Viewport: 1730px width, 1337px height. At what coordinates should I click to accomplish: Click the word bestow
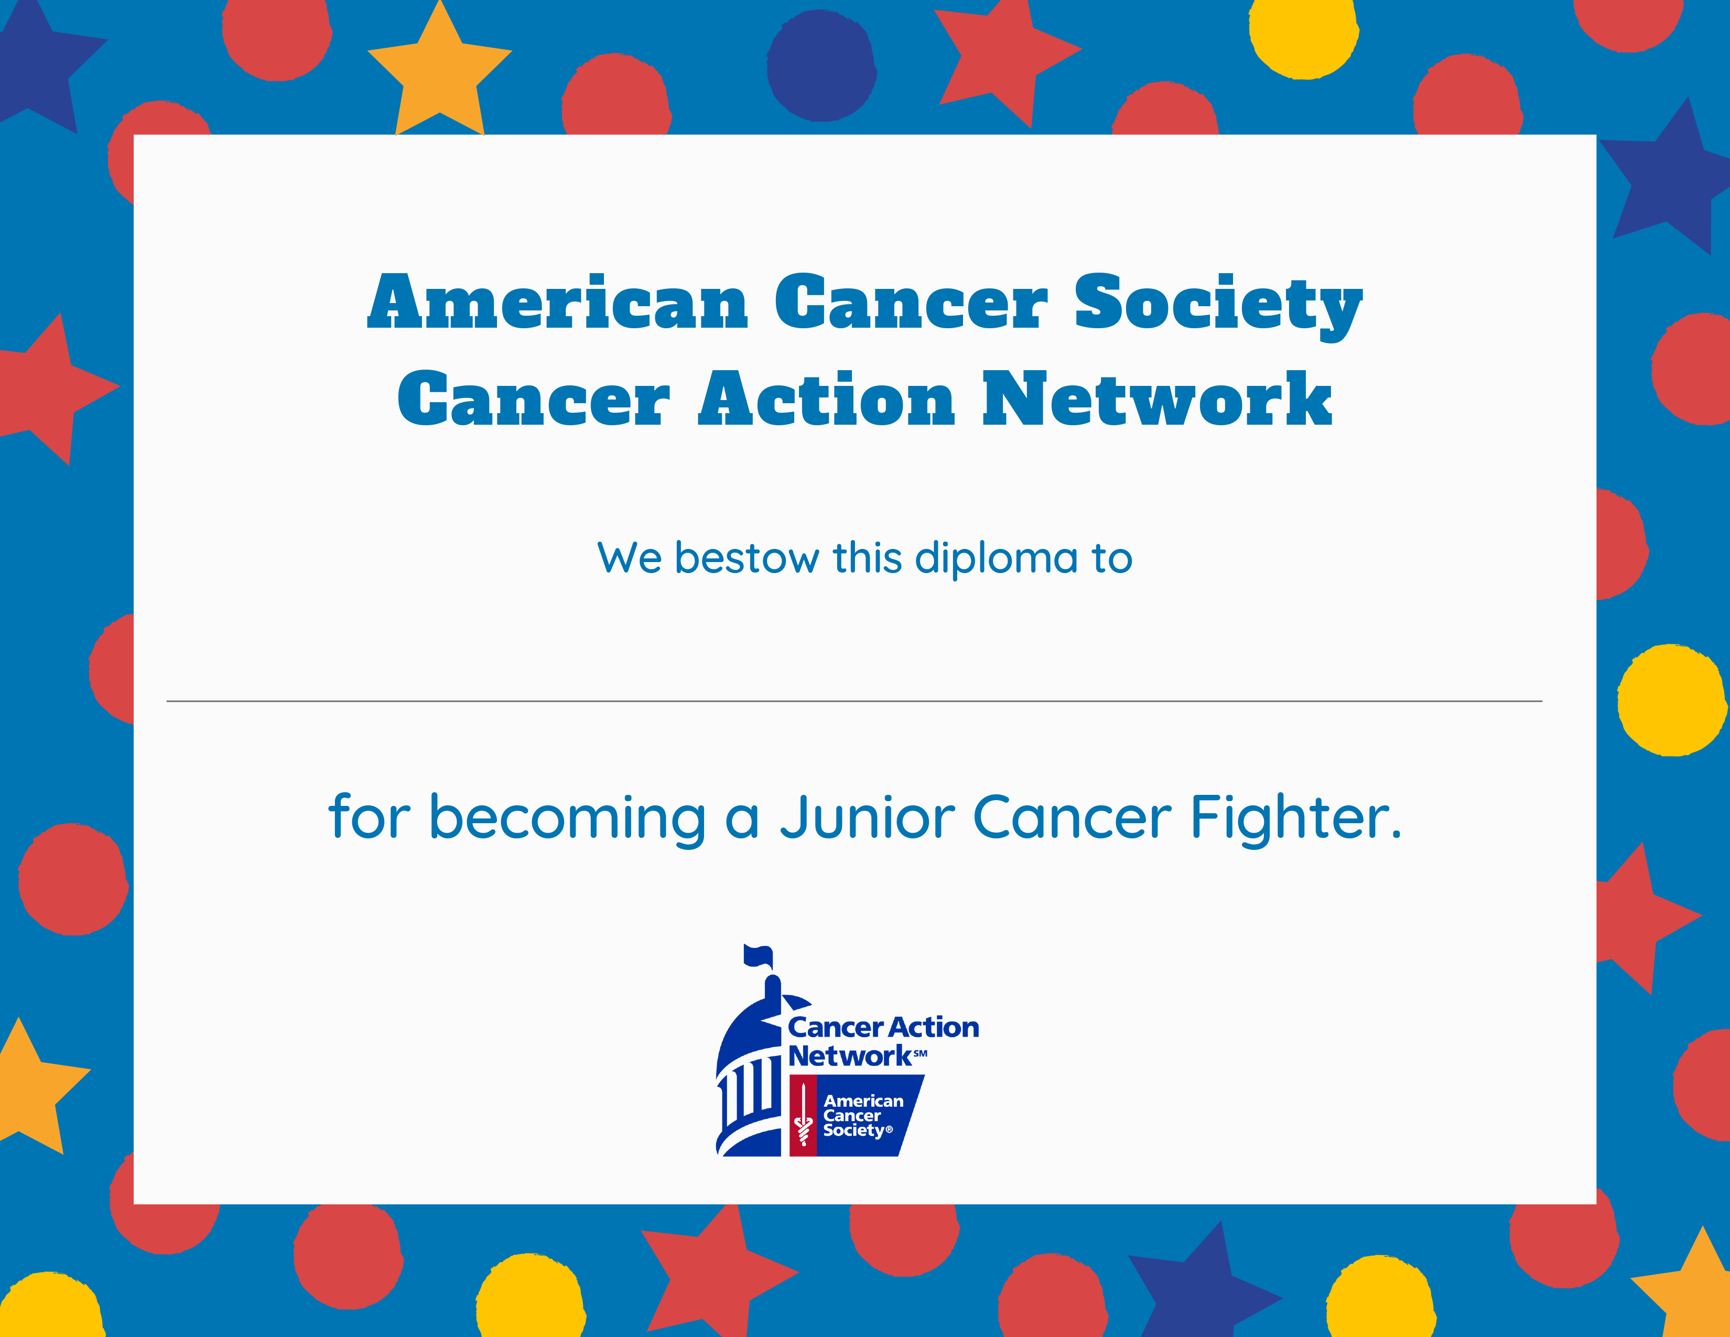click(746, 558)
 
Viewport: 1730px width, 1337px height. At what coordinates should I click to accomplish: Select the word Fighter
click(1296, 819)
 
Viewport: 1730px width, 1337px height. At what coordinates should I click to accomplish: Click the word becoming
click(567, 819)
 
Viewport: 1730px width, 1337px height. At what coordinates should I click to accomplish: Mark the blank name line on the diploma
click(854, 701)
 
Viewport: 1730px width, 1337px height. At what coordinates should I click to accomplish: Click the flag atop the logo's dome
click(758, 956)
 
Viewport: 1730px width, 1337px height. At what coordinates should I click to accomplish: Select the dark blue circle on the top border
click(821, 66)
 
